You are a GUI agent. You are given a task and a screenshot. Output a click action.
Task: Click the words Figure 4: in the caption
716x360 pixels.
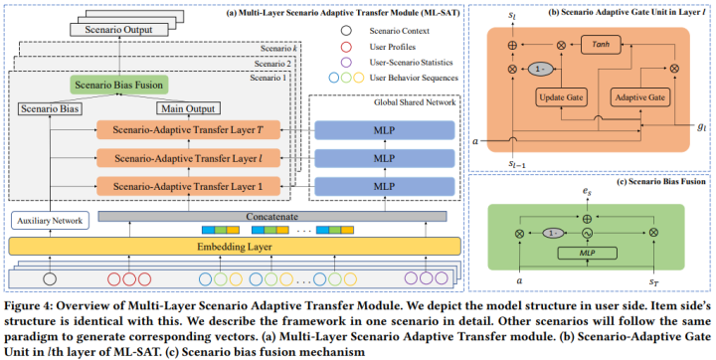pyautogui.click(x=31, y=305)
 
